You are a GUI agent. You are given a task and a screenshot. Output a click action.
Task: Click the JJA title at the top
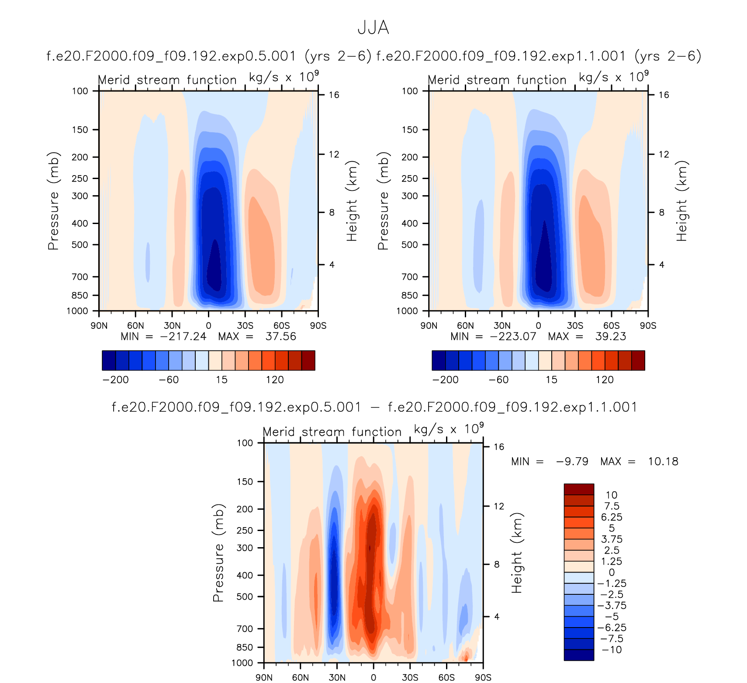[x=373, y=28]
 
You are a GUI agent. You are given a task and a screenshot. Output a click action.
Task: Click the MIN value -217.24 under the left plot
[x=183, y=337]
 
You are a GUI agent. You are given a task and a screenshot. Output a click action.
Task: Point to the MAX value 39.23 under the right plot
[x=610, y=337]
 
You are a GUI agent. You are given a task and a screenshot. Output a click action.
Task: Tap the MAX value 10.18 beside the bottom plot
[x=663, y=462]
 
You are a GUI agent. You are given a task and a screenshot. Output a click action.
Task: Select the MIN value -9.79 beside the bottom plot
[x=572, y=462]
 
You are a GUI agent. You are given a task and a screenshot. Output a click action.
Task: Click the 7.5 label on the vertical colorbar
[x=612, y=506]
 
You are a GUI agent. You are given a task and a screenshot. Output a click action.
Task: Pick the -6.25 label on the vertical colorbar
[x=612, y=628]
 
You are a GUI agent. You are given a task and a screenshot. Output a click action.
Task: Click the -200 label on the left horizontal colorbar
[x=115, y=380]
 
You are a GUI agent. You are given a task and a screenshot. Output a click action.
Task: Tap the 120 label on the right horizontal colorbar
[x=605, y=380]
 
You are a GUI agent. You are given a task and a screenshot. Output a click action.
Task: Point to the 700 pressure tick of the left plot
[x=80, y=277]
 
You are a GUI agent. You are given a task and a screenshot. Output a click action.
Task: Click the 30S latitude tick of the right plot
[x=575, y=326]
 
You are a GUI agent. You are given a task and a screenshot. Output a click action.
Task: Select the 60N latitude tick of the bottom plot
[x=301, y=678]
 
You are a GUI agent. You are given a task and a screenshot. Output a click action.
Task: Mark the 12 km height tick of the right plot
[x=664, y=154]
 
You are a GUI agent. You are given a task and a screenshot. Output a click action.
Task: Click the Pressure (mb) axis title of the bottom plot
[x=218, y=553]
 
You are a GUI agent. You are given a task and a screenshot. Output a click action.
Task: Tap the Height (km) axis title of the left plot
[x=352, y=201]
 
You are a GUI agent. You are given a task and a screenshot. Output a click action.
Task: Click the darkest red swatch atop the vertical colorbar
[x=579, y=489]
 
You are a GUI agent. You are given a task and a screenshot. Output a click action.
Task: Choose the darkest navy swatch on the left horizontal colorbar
[x=109, y=360]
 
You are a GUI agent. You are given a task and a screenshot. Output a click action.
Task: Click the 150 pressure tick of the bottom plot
[x=245, y=482]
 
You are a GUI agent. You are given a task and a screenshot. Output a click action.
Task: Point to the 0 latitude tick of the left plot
[x=208, y=326]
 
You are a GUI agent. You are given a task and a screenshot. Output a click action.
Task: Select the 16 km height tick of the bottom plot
[x=499, y=447]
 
